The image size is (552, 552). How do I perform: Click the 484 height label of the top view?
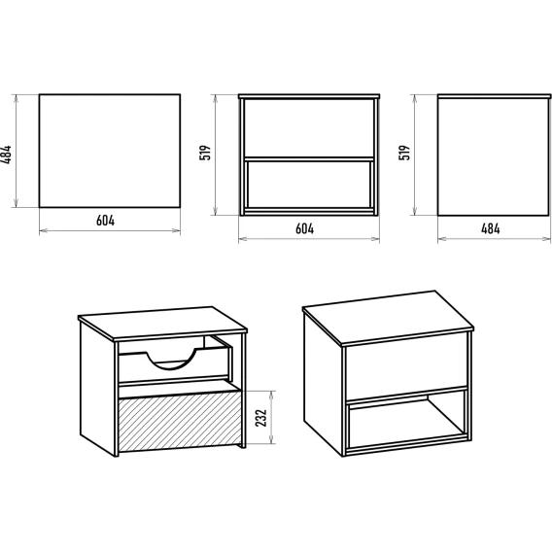click(7, 155)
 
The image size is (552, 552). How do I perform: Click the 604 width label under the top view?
click(105, 221)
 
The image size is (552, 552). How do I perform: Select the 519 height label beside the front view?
click(205, 153)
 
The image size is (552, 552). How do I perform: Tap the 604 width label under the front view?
click(304, 228)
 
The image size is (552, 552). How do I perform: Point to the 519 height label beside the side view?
click(404, 153)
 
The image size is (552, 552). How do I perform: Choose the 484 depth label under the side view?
click(491, 228)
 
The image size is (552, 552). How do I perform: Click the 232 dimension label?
click(261, 418)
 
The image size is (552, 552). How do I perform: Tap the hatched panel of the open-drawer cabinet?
click(180, 422)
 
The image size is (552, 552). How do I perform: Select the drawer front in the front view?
click(309, 128)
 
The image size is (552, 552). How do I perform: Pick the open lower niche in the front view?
click(309, 185)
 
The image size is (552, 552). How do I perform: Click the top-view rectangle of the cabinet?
click(110, 151)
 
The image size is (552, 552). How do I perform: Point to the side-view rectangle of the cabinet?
click(494, 155)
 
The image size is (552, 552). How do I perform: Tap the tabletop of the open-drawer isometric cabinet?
click(162, 323)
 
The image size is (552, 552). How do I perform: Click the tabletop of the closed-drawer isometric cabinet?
click(388, 317)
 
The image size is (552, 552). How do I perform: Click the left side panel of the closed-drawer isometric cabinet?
click(323, 384)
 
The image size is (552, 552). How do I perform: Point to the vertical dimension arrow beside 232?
click(271, 417)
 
